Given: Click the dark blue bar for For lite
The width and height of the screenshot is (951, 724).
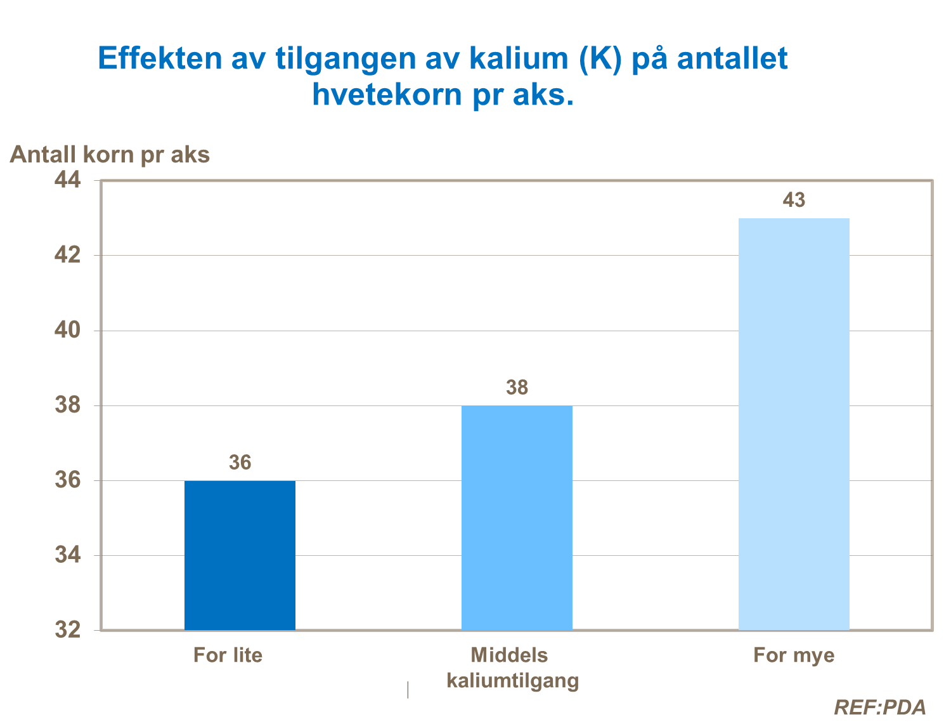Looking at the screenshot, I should tap(240, 555).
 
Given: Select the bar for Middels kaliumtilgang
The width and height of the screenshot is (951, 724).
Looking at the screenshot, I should tap(517, 517).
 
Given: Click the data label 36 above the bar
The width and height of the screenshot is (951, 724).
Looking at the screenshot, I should tap(240, 463).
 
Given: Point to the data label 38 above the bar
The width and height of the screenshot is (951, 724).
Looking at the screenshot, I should tap(517, 388).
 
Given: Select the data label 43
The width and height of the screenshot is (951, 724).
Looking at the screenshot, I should tap(794, 201).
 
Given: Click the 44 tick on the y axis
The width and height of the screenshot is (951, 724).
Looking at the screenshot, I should tap(68, 180).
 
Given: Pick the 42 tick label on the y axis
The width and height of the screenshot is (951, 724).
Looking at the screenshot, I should tap(68, 255).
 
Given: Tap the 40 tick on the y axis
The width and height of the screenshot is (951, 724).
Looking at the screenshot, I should tap(68, 330).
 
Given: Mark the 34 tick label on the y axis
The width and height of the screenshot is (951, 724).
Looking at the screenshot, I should tap(68, 555).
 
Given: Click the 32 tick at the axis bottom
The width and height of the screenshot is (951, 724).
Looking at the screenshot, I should tap(68, 629).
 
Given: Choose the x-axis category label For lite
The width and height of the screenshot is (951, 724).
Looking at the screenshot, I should tap(228, 655).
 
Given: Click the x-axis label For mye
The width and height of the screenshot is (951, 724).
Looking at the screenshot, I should tap(794, 655).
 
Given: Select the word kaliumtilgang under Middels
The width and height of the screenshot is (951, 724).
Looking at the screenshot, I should tap(513, 681).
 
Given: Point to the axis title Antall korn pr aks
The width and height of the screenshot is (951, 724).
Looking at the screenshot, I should tap(110, 154).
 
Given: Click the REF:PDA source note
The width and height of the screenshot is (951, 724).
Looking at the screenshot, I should tap(879, 707).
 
